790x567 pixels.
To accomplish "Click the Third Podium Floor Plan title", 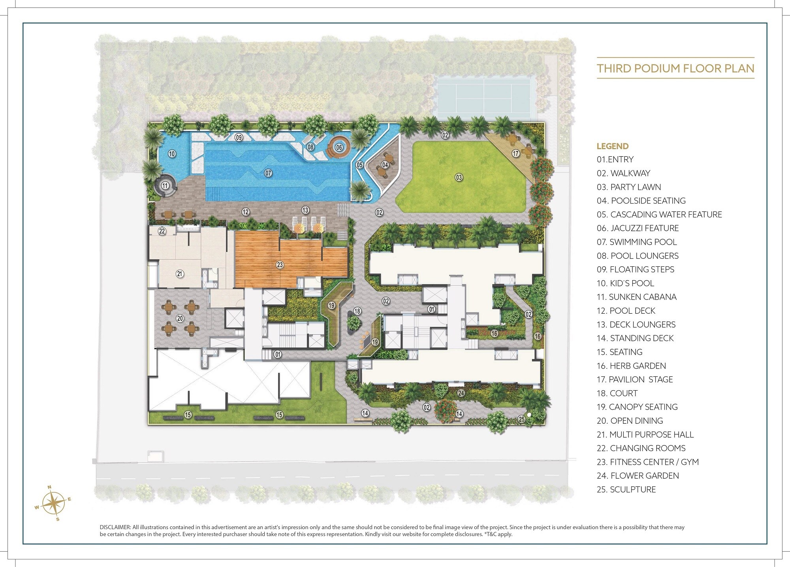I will (675, 69).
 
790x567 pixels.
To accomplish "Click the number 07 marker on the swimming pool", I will (268, 173).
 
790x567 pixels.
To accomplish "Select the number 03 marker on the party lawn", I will (459, 178).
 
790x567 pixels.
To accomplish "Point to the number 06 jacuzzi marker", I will (339, 148).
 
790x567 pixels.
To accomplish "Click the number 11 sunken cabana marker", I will (165, 186).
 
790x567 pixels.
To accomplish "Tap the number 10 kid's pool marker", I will (172, 154).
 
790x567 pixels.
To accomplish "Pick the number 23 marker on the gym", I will (280, 265).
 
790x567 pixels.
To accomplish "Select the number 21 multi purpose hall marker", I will (180, 274).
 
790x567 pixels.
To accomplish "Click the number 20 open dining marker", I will (180, 318).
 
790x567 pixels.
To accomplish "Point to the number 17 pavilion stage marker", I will (515, 153).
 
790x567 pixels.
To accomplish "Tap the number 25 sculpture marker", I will (521, 419).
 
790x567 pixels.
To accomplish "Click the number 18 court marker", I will (357, 311).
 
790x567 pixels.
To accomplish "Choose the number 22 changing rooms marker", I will (162, 231).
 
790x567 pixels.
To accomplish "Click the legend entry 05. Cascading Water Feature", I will (659, 215).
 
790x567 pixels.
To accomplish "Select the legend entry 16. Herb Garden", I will (631, 366).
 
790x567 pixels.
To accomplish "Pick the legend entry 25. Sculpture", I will (626, 490).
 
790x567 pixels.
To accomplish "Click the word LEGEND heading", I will (612, 146).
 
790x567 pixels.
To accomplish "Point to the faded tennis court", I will (485, 97).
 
